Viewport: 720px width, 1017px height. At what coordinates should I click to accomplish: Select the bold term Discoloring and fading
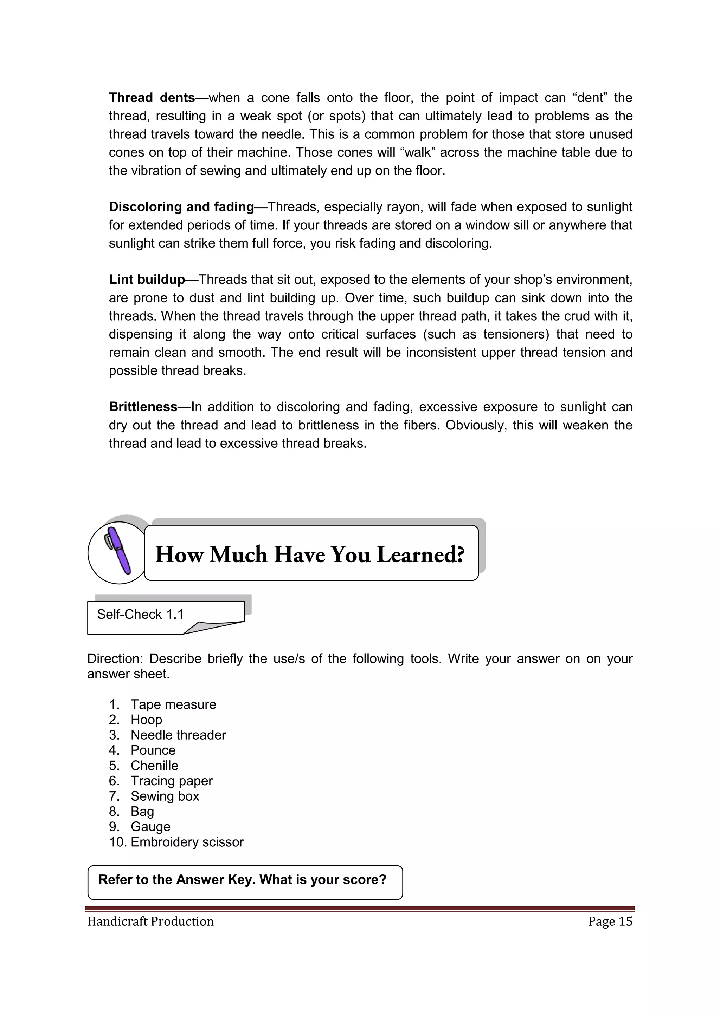[x=181, y=207]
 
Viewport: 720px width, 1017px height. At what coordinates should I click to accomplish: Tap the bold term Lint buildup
[x=147, y=280]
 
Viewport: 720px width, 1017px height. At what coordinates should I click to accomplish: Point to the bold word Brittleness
[x=143, y=407]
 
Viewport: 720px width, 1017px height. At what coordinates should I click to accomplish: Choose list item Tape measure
[x=173, y=704]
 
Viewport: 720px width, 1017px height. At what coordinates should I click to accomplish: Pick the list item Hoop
[x=146, y=720]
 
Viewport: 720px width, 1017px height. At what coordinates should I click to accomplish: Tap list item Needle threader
[x=178, y=735]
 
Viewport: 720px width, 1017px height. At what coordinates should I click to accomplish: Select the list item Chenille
[x=154, y=766]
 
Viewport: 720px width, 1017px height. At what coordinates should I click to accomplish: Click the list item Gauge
[x=150, y=827]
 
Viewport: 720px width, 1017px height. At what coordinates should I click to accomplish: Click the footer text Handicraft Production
[x=150, y=921]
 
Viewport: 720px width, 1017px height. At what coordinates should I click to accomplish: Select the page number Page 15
[x=610, y=921]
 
